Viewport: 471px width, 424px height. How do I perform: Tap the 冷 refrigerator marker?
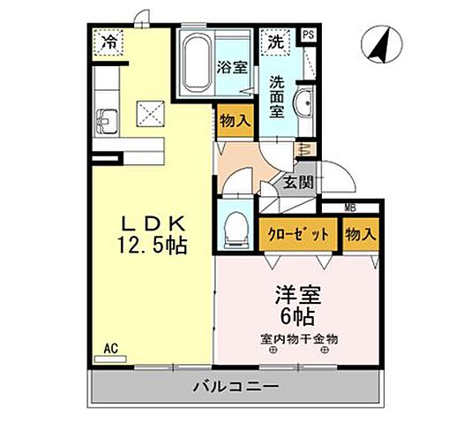109,41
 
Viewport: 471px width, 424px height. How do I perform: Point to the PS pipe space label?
308,35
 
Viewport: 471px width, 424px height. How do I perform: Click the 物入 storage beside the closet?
360,234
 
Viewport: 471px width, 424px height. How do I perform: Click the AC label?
109,347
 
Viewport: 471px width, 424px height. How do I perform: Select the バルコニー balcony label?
235,386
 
